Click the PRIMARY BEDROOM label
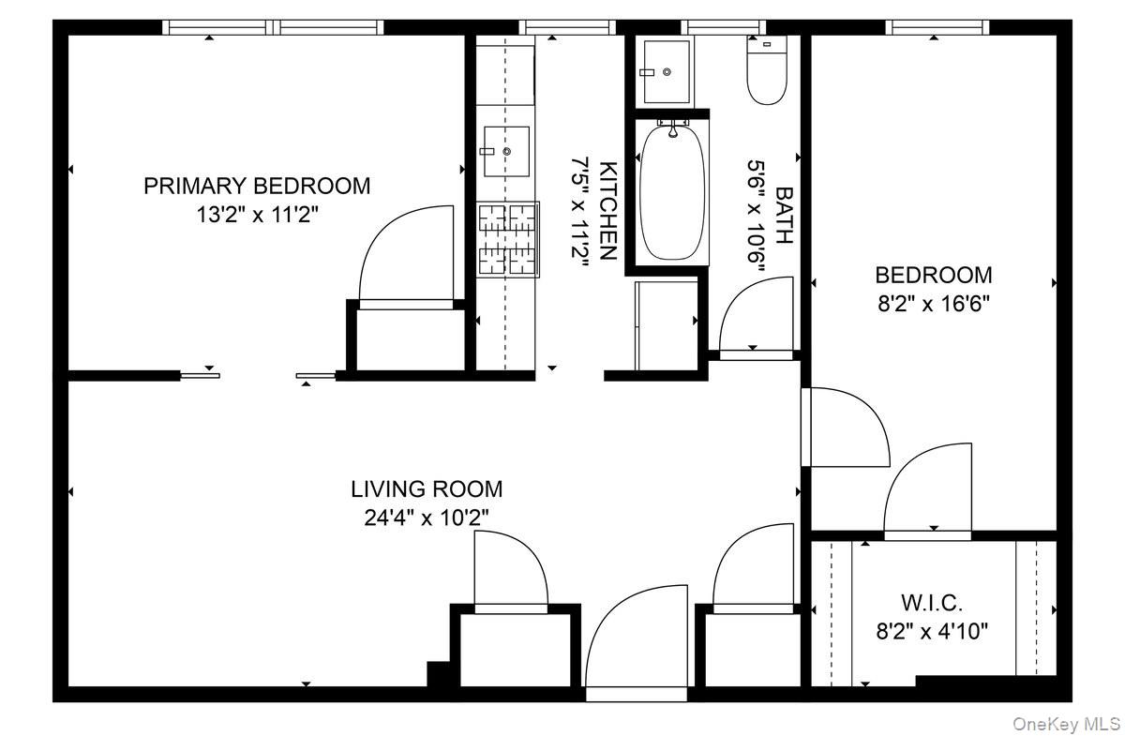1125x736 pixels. click(257, 186)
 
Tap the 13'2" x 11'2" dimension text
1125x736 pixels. click(257, 215)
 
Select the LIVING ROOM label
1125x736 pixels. click(427, 489)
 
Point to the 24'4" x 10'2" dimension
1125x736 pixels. click(427, 518)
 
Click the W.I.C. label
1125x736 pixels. click(932, 603)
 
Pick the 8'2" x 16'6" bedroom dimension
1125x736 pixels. click(934, 304)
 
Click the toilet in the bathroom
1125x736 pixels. click(767, 70)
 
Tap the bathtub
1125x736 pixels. click(672, 192)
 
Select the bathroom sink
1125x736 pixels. click(667, 72)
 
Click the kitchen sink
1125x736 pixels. click(506, 151)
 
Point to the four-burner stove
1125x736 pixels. click(507, 240)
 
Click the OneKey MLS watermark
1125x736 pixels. click(1066, 724)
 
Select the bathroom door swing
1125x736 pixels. click(756, 313)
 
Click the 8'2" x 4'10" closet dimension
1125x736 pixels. click(932, 632)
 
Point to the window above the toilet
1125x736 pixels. click(723, 27)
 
